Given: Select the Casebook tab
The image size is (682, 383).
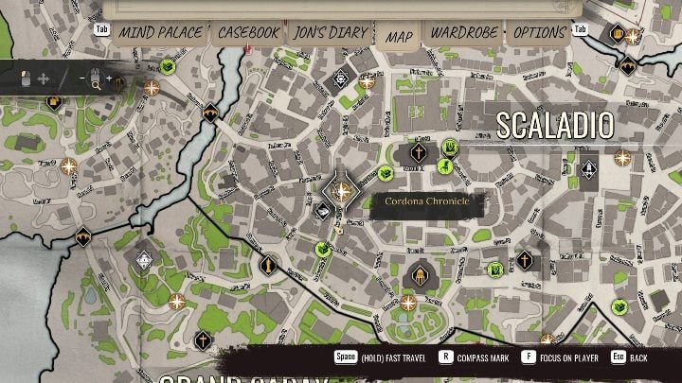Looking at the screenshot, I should click(x=248, y=33).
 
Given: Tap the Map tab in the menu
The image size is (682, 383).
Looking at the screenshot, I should click(x=399, y=36).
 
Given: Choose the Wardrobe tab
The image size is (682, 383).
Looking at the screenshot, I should click(x=464, y=33).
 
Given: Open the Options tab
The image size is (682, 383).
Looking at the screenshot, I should click(x=539, y=33).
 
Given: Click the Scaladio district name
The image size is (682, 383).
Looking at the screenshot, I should click(x=555, y=125).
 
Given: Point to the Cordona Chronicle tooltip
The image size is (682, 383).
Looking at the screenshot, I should click(x=426, y=202).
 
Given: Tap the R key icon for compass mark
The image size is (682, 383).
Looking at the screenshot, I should click(x=445, y=358).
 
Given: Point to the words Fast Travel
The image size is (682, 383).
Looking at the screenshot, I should click(x=402, y=358).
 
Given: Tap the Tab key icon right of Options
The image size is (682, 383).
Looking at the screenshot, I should click(x=581, y=29).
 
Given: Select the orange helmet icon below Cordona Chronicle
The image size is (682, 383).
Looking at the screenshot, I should click(x=419, y=274).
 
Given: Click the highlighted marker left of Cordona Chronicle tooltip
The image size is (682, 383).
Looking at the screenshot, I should click(x=342, y=193).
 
